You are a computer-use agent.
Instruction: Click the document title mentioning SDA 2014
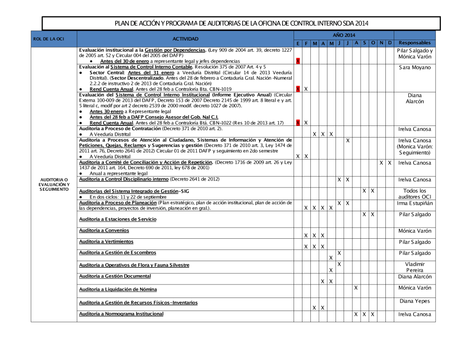click(x=241, y=23)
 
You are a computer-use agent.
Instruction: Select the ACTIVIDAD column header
click(x=185, y=39)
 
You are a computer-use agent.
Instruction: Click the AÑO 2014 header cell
click(x=343, y=35)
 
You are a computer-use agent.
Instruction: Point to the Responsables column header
click(x=414, y=43)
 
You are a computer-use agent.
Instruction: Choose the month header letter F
click(x=306, y=43)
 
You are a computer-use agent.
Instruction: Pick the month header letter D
click(x=390, y=43)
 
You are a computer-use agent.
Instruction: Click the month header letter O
click(x=373, y=43)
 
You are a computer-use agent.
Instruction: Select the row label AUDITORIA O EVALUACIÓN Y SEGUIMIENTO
click(x=54, y=184)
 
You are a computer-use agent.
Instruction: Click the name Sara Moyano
click(x=415, y=68)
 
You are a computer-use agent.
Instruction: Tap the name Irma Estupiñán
click(x=415, y=203)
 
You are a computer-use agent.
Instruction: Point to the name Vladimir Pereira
click(x=415, y=267)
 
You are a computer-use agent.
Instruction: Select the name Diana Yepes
click(x=415, y=301)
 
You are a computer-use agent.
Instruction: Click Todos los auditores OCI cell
click(x=415, y=194)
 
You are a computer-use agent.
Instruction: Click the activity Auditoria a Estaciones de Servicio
click(x=117, y=219)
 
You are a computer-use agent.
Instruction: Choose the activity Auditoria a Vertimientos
click(x=106, y=242)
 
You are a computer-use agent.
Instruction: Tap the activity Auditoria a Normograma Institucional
click(x=121, y=314)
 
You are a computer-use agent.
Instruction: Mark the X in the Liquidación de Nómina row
click(x=356, y=288)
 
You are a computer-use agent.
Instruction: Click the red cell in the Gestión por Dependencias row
click(x=298, y=61)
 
